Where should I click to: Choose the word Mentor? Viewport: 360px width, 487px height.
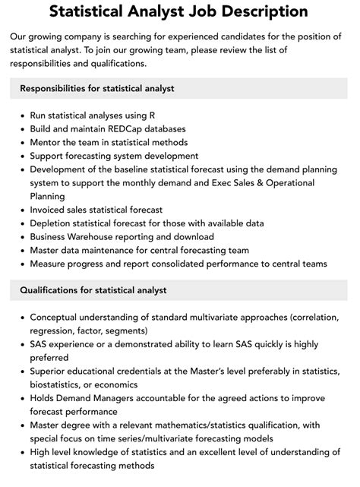point(47,141)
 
